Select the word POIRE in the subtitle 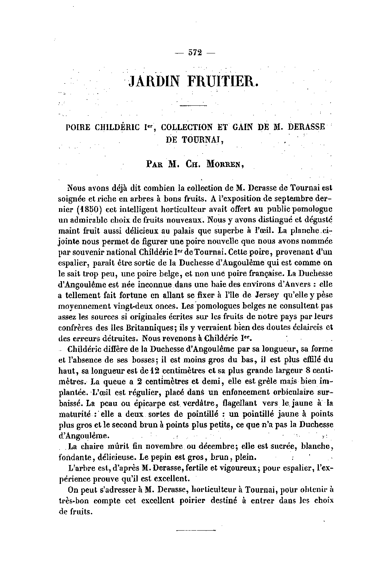pos(79,127)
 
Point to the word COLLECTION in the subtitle pos(187,127)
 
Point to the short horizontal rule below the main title pos(194,106)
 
